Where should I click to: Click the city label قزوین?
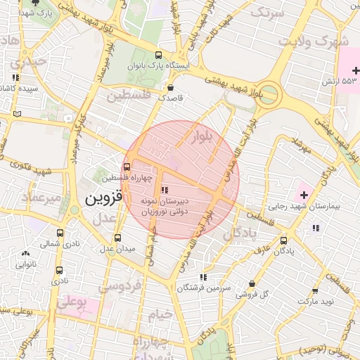pos(104,198)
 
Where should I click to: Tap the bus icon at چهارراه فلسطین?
pos(127,167)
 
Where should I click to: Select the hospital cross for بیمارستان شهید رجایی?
pos(304,193)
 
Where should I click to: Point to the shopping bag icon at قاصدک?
pos(172,88)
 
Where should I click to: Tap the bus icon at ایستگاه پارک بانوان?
pos(158,55)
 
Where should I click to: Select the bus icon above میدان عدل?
pos(117,238)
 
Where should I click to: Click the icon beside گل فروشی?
pos(252,284)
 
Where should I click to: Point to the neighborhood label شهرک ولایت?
pos(312,41)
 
